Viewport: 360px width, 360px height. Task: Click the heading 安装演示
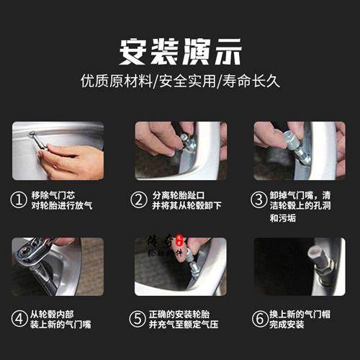click(x=180, y=51)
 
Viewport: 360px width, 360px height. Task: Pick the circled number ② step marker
click(x=139, y=199)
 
